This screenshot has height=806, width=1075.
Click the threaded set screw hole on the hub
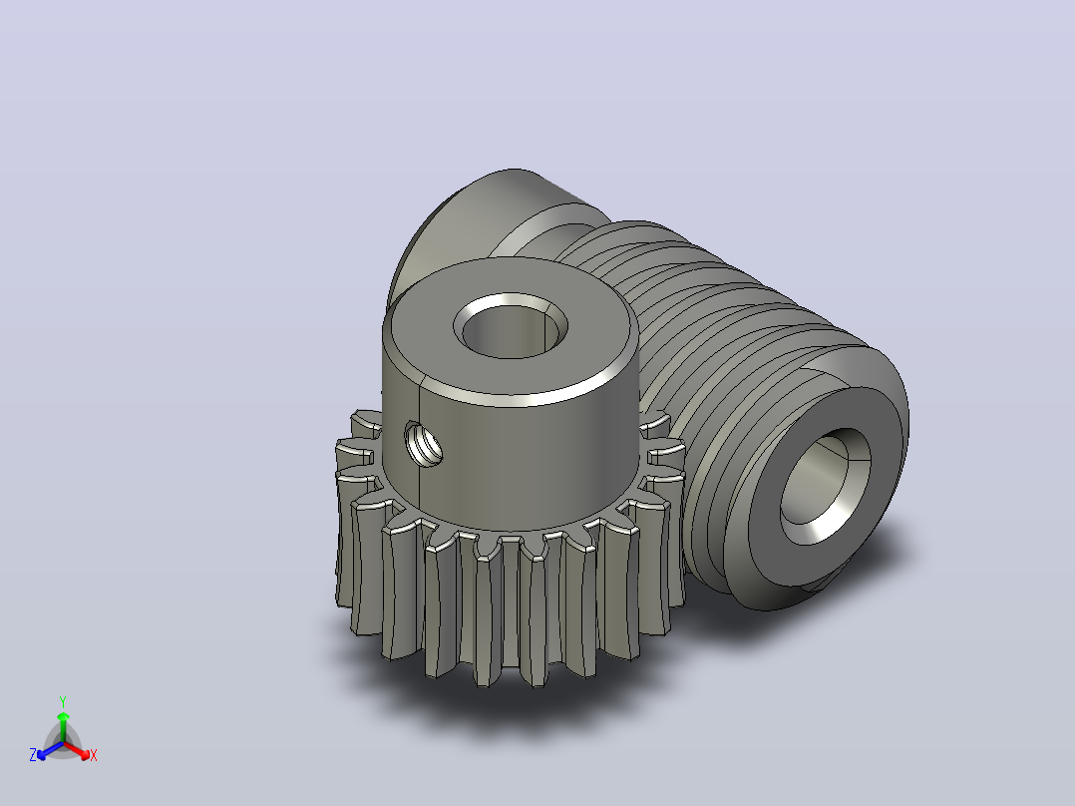point(425,444)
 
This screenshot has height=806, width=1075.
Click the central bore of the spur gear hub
point(511,326)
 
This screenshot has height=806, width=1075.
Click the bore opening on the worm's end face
point(825,486)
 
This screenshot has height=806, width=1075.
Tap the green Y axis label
point(63,701)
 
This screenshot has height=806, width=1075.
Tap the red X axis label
point(94,755)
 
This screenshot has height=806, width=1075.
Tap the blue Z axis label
point(32,755)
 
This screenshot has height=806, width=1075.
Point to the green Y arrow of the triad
point(63,726)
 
